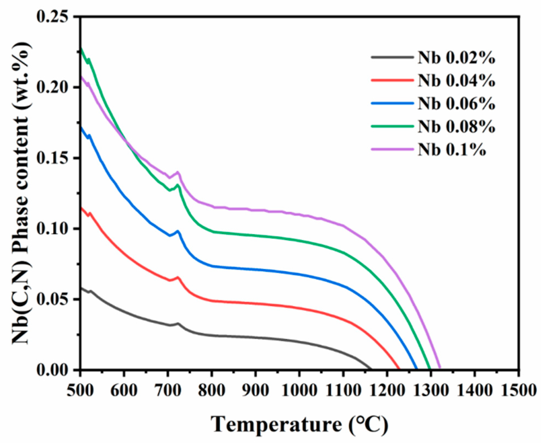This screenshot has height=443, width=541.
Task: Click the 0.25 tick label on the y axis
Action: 52,17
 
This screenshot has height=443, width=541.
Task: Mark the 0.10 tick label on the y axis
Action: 52,229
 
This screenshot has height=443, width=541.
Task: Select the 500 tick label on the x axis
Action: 81,390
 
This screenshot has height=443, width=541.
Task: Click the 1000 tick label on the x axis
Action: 299,390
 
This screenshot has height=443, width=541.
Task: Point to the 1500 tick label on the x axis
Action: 519,390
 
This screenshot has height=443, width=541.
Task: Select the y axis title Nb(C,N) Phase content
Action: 20,193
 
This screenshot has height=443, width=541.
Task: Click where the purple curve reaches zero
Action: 440,369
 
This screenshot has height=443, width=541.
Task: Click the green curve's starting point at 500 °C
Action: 81,49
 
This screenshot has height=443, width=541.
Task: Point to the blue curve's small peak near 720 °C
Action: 178,231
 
